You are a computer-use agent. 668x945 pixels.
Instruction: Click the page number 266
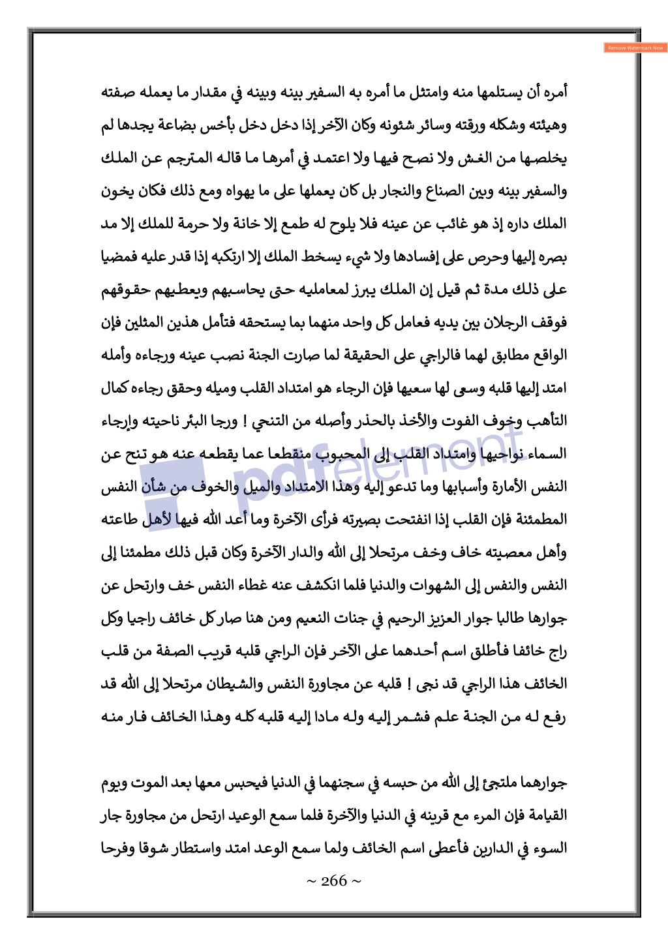pyautogui.click(x=333, y=881)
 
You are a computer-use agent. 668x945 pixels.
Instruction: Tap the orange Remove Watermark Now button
pyautogui.click(x=635, y=48)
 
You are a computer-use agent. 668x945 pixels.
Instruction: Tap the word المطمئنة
pyautogui.click(x=539, y=520)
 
